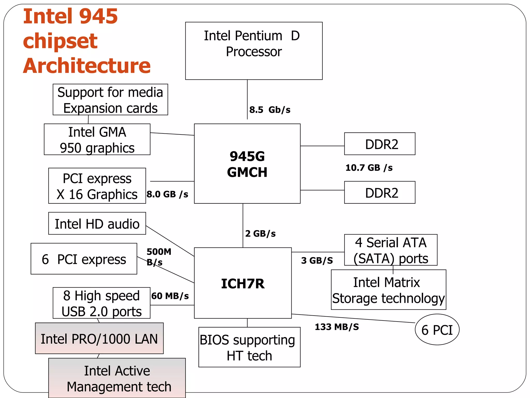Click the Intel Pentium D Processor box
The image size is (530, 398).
tap(254, 51)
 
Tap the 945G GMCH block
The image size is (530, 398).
tap(247, 164)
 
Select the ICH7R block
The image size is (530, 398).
tap(243, 283)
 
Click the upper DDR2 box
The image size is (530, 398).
tap(380, 144)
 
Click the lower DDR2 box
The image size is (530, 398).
tap(380, 193)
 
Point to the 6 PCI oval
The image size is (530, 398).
tap(437, 330)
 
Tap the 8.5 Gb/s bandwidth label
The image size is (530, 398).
tap(270, 110)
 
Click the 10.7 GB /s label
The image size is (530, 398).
tap(369, 168)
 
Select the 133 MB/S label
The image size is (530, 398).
tap(337, 327)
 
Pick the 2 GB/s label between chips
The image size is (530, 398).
tap(260, 233)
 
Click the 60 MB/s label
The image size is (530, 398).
tap(170, 296)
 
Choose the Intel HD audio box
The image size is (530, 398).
tap(97, 223)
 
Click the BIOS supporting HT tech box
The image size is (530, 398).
tap(249, 347)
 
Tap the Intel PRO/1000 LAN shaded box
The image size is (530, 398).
tap(99, 338)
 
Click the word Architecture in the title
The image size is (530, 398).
tap(87, 66)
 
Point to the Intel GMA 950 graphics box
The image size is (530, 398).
tap(97, 139)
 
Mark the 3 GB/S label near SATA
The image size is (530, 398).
tap(317, 260)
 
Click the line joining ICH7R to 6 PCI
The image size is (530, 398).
tap(353, 318)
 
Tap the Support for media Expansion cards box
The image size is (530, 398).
tap(110, 99)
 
